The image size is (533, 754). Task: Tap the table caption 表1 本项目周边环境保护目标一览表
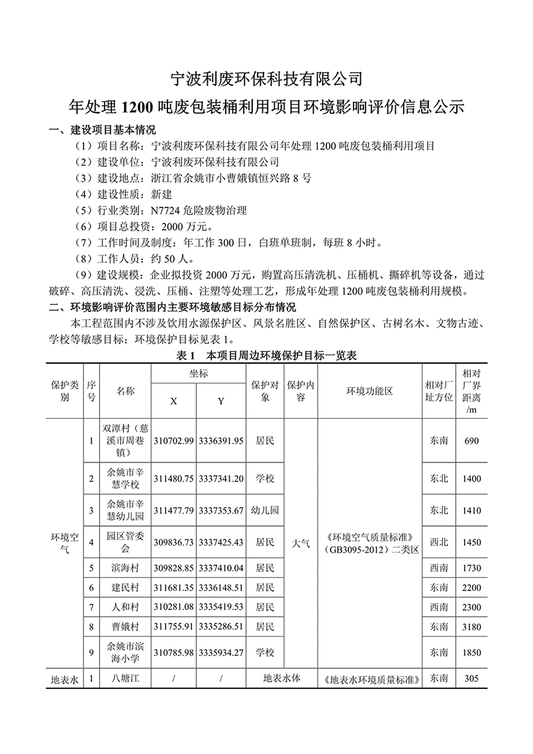pos(266,356)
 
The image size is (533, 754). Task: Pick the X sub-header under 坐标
pos(173,402)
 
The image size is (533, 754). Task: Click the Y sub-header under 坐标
pos(221,402)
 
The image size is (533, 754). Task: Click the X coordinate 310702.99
pos(173,441)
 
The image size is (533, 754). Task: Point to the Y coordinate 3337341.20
pos(221,478)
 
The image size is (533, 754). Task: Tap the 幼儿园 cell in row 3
pos(265,511)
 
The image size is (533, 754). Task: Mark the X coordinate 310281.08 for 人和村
pos(173,606)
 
